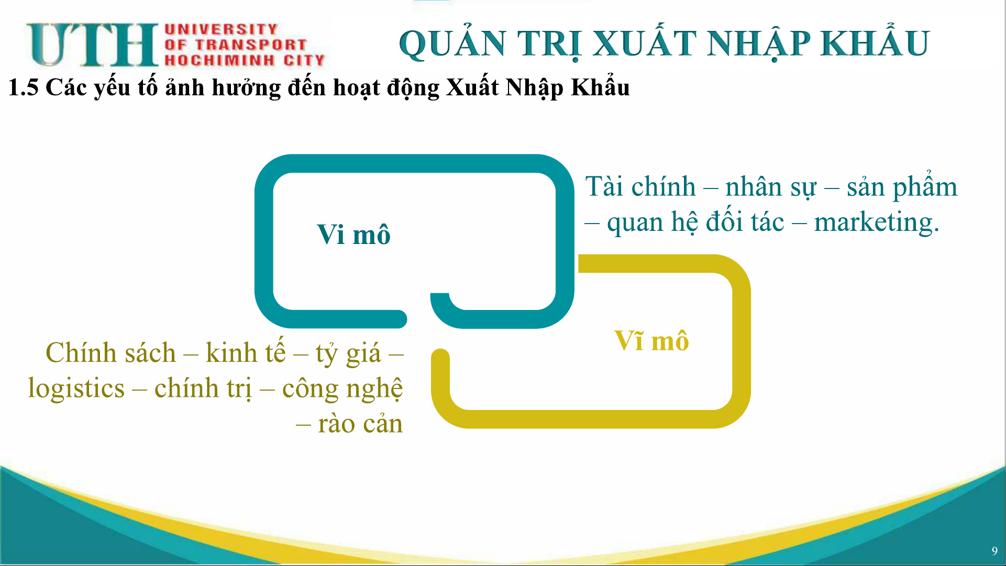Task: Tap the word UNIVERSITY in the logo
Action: [221, 29]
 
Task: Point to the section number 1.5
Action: [24, 87]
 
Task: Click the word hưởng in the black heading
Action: [246, 88]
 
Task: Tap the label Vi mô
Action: [354, 234]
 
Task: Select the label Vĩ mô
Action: [651, 340]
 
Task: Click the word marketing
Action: [877, 222]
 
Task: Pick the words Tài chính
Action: [640, 187]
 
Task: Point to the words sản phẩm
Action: [902, 185]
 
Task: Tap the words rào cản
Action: [360, 424]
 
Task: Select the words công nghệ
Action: [342, 389]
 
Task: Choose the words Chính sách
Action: [110, 352]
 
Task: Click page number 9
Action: [994, 551]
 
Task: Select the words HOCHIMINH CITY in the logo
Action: [245, 60]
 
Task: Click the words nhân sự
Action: [771, 187]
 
